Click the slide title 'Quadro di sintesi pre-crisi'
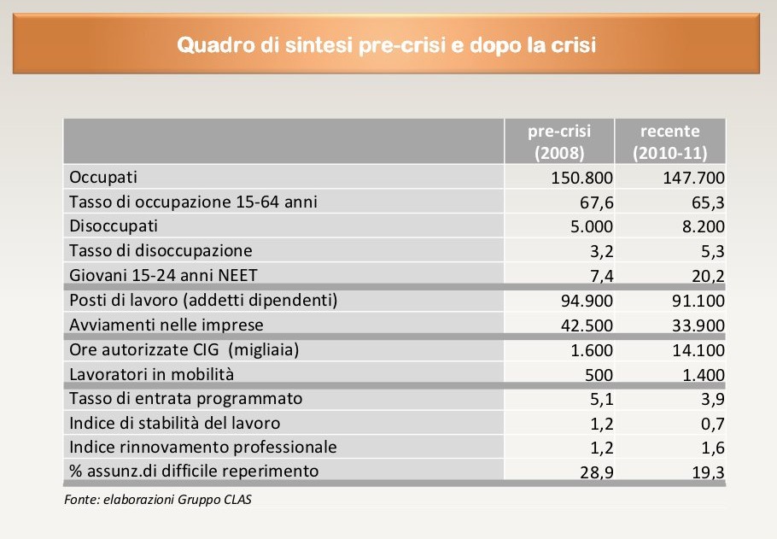[386, 44]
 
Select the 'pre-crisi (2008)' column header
[559, 143]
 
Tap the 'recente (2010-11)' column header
[670, 143]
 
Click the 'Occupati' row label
[102, 178]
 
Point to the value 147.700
[693, 179]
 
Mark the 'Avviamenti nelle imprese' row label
[166, 325]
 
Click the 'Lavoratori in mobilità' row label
[151, 374]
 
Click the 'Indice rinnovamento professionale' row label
[203, 447]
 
